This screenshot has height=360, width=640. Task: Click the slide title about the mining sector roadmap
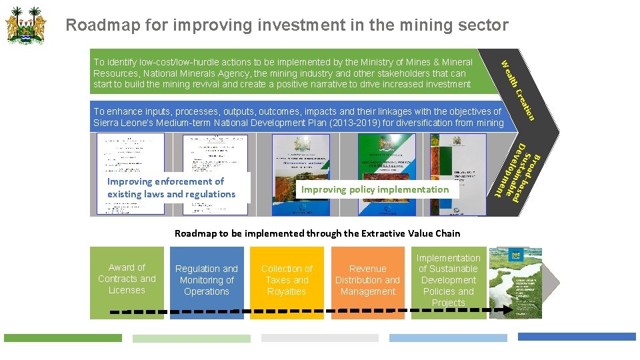click(287, 25)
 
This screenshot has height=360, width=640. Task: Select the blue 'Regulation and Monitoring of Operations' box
click(207, 281)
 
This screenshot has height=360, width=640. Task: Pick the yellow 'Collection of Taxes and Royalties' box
click(287, 281)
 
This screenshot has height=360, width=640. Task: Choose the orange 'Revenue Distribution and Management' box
click(367, 281)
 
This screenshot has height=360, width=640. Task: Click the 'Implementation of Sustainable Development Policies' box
click(448, 281)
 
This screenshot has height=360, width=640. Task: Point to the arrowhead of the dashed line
click(509, 310)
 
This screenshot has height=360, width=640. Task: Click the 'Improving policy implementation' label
click(375, 189)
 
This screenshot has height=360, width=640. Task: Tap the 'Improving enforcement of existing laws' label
click(172, 187)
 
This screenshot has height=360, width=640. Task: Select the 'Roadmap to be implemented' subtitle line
click(317, 233)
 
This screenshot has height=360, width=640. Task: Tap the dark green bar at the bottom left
click(63, 338)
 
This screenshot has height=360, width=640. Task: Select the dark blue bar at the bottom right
click(577, 337)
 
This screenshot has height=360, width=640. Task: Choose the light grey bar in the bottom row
click(320, 338)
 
